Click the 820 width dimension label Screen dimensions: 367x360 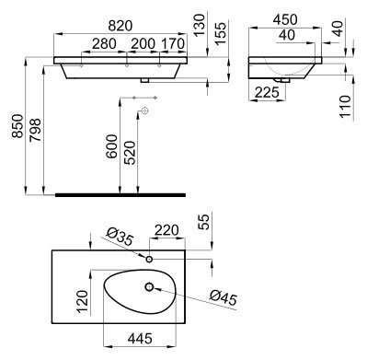point(120,26)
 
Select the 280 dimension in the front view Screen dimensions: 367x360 point(104,44)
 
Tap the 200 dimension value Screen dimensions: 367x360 point(143,44)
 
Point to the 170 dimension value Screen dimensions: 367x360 point(173,44)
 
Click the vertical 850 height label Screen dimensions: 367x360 point(17,126)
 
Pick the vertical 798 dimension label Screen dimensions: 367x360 point(35,130)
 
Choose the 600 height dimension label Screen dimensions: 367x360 point(111,146)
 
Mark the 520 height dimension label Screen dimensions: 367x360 point(130,153)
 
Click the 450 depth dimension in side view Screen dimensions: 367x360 point(285,19)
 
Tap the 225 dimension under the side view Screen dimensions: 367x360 point(267,92)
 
